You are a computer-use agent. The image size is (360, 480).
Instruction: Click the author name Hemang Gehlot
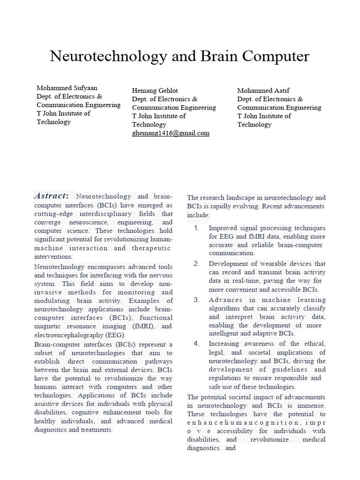pos(155,90)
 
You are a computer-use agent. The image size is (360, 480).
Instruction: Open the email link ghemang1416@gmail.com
pos(171,133)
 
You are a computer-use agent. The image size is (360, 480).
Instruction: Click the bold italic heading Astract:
pos(52,196)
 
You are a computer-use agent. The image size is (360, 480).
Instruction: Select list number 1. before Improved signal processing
pos(197,228)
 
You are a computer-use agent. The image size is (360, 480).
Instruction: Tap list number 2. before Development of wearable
pos(197,264)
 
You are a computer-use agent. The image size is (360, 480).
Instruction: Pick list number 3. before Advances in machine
pos(197,300)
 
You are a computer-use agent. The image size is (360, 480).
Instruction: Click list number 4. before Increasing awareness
pos(197,344)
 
